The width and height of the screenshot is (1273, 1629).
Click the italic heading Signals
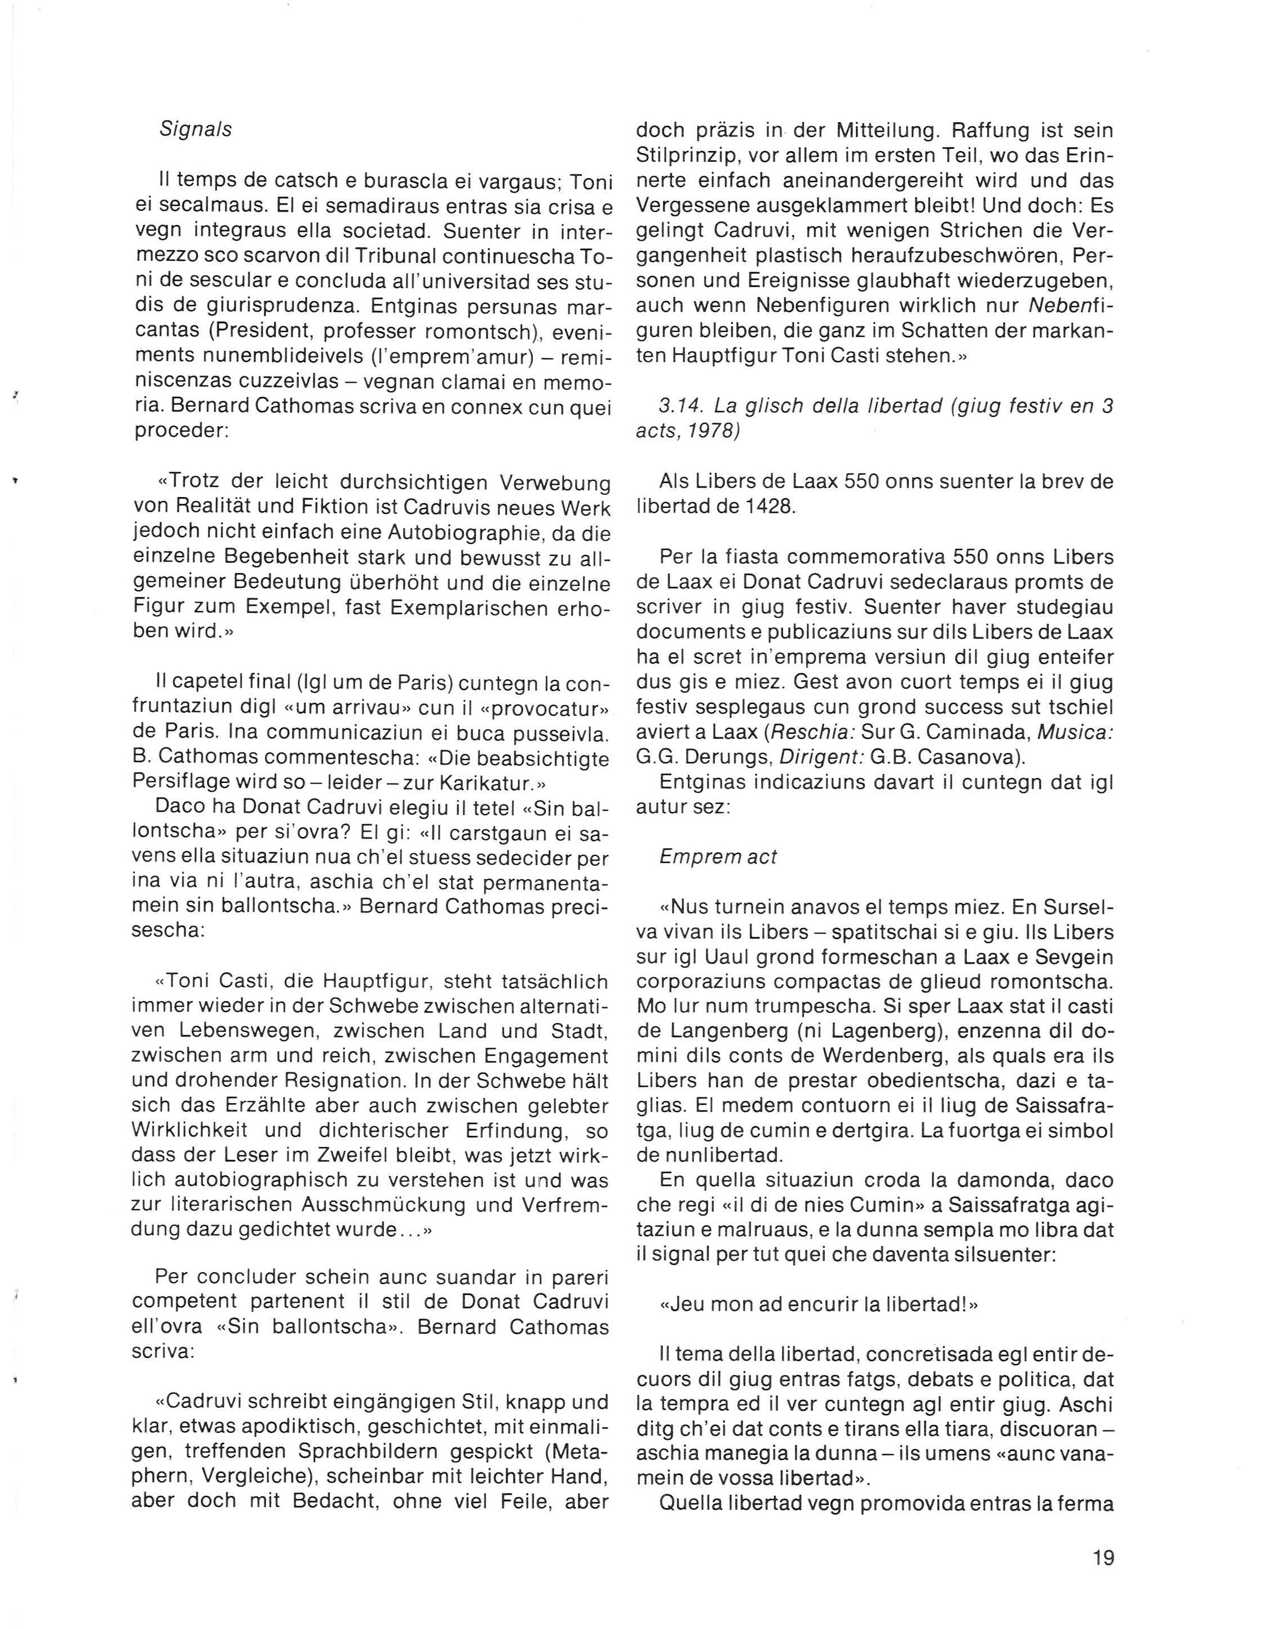click(196, 129)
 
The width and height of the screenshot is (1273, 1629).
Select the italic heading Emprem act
click(718, 856)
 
